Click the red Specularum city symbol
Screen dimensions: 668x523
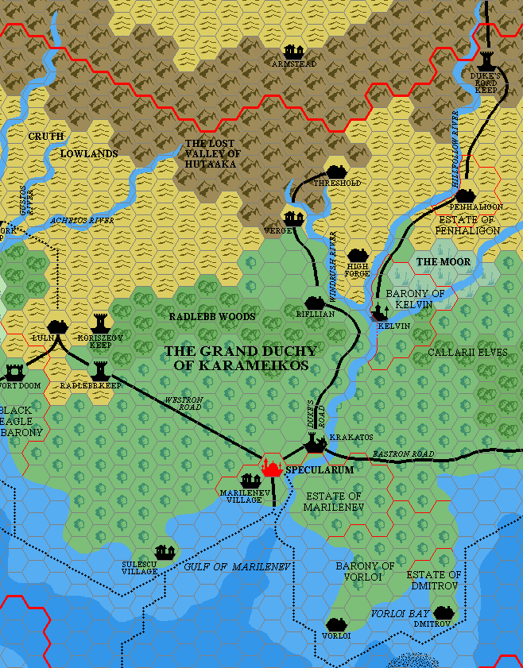pos(272,468)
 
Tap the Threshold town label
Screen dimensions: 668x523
pos(337,183)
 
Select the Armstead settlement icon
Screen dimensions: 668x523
pos(294,52)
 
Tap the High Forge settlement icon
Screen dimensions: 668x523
pos(357,256)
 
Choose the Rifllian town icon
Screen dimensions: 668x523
pos(315,303)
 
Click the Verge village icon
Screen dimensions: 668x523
pos(294,218)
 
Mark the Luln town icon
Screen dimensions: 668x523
pos(56,326)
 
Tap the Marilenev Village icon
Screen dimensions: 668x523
pos(251,481)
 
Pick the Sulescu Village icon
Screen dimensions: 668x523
pos(165,551)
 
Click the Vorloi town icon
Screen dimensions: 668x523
pos(336,624)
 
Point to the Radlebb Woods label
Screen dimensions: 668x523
pos(212,316)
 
